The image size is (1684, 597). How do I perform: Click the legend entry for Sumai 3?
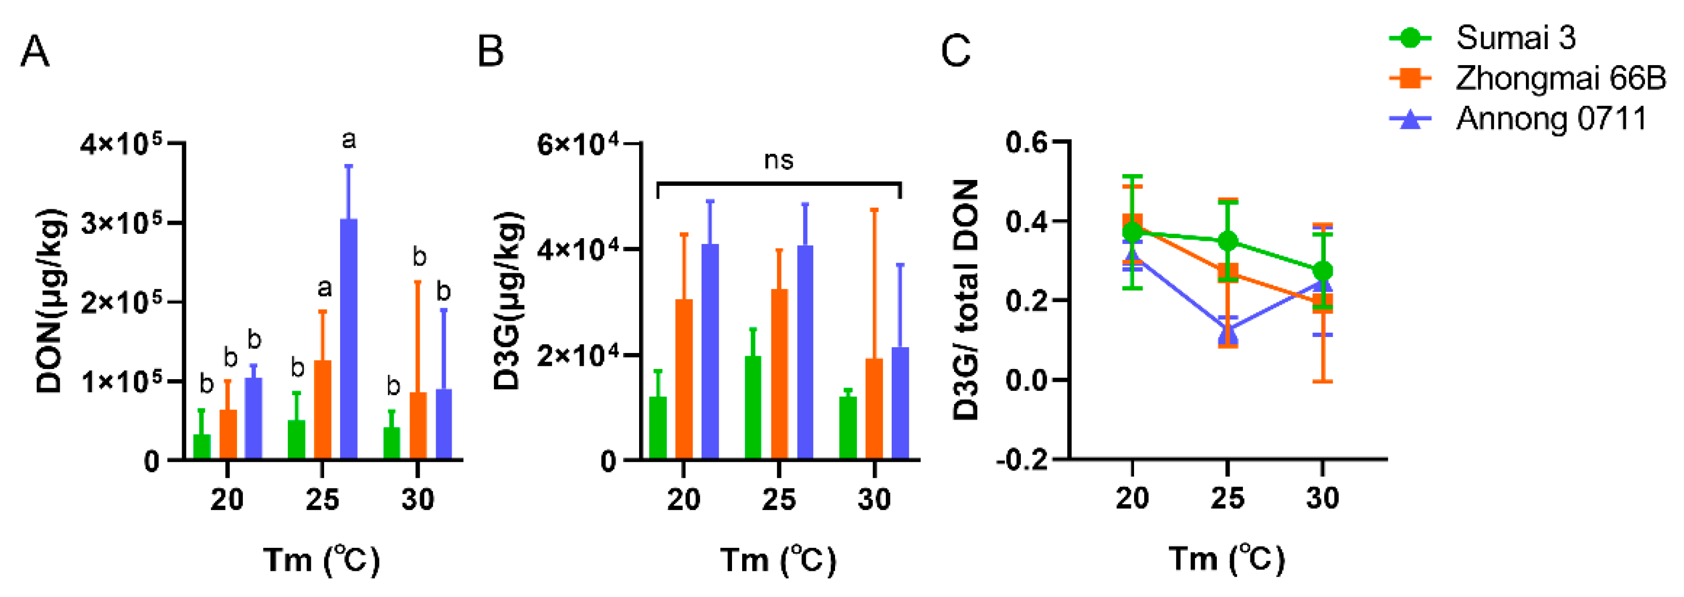click(x=1515, y=37)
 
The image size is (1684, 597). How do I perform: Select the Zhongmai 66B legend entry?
click(x=1560, y=78)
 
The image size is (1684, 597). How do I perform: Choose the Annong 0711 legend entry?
click(x=1550, y=119)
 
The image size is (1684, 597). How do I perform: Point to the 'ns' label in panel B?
click(x=778, y=160)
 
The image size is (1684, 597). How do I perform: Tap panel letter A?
click(x=35, y=51)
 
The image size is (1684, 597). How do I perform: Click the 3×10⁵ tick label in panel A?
click(x=122, y=224)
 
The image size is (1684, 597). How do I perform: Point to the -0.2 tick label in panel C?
click(x=1022, y=460)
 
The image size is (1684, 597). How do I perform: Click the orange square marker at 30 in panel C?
click(x=1323, y=303)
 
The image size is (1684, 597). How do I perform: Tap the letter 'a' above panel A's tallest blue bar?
click(x=349, y=139)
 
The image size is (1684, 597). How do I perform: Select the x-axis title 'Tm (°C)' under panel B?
click(x=778, y=560)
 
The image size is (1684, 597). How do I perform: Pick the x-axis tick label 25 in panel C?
click(x=1227, y=498)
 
